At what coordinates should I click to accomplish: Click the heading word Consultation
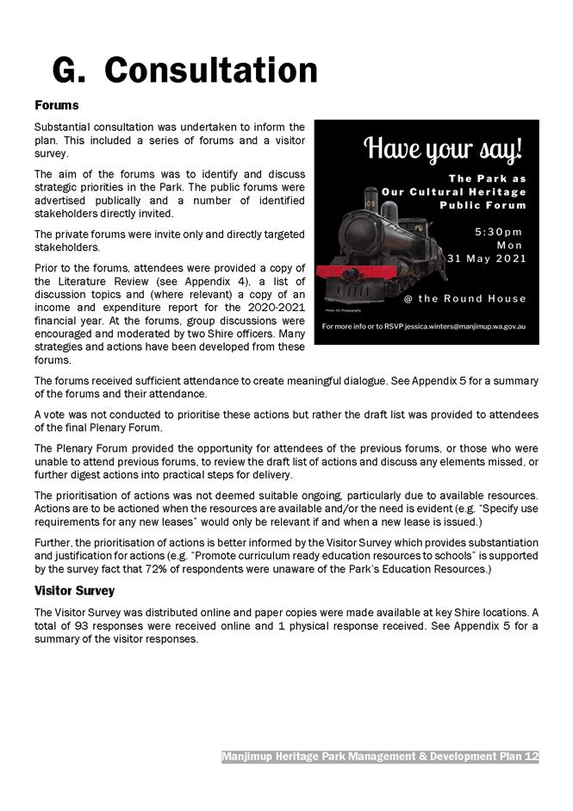(211, 70)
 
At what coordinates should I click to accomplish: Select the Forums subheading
(57, 105)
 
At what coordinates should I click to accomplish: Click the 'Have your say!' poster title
(444, 150)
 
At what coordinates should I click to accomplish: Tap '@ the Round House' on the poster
(464, 299)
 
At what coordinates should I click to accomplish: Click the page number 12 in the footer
(531, 757)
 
